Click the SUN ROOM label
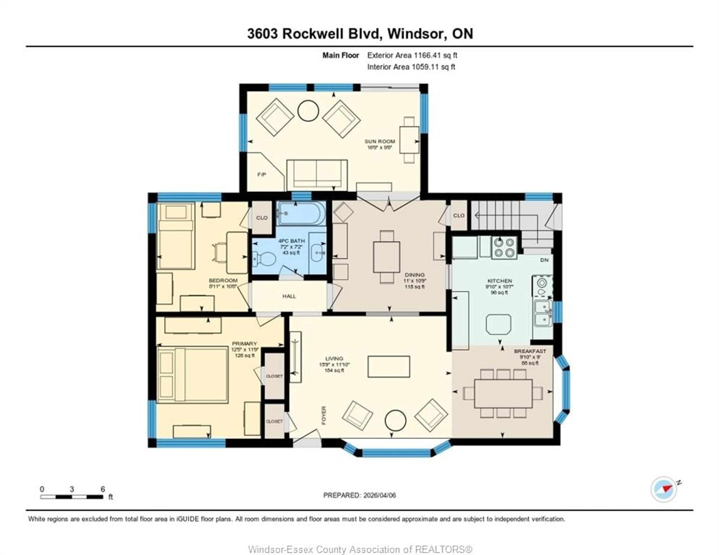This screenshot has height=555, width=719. pos(380,141)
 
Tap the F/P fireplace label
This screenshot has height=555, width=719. pos(262,175)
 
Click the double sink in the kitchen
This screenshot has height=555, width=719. pos(543,314)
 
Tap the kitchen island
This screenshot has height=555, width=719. pos(498,324)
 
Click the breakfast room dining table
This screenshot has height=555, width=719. pos(503,393)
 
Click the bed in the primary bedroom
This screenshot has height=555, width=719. pos(193,375)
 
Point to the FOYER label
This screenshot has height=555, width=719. pos(324,415)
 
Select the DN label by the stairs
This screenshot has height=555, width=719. pos(544,260)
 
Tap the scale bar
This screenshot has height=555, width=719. pos(72,497)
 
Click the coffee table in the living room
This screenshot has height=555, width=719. pos(389,366)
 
